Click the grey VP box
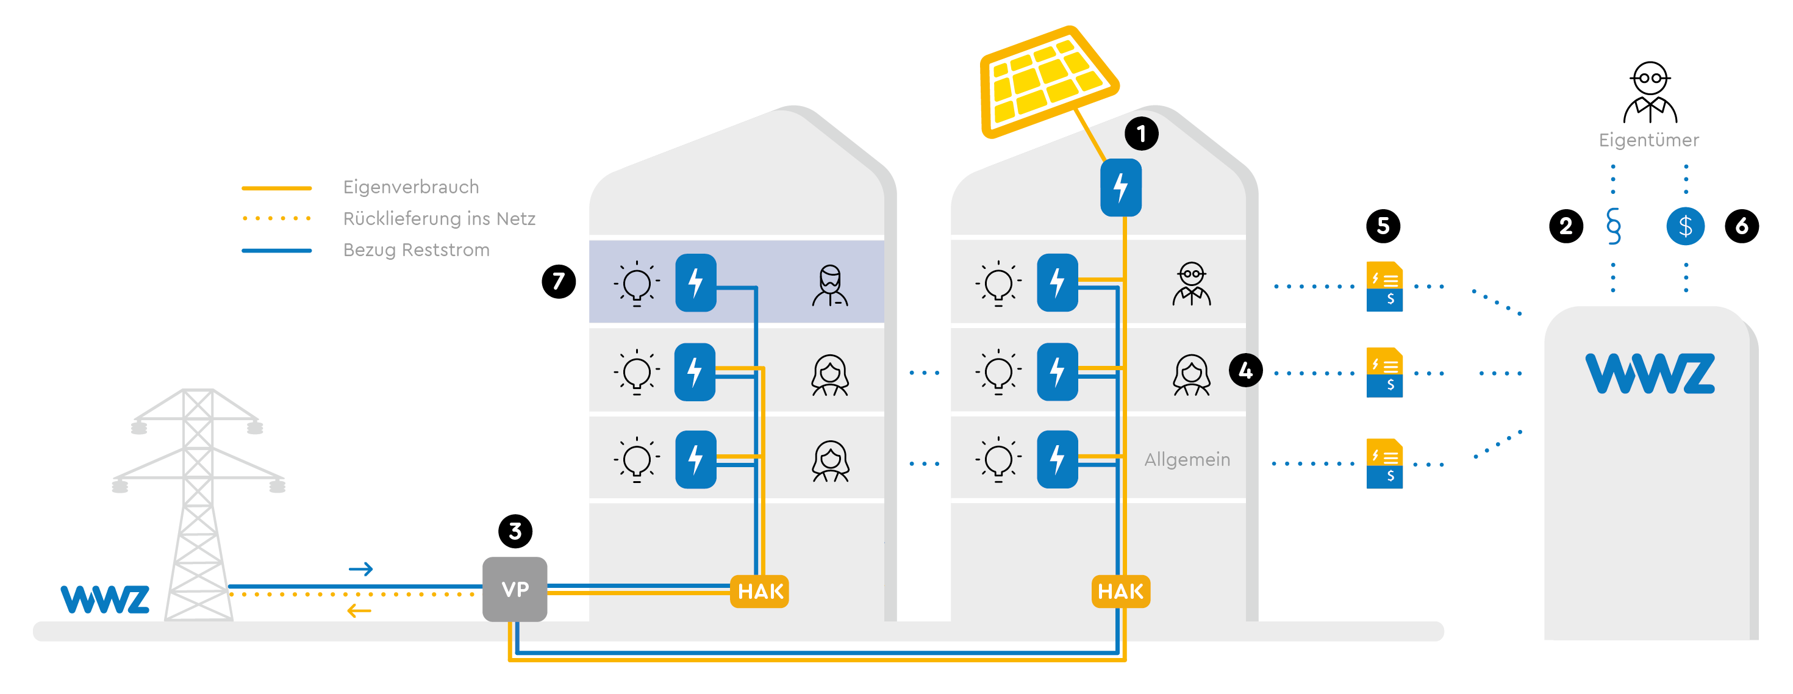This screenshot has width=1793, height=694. tap(515, 589)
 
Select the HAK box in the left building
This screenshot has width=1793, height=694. tap(759, 592)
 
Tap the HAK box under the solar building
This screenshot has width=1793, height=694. tap(1121, 592)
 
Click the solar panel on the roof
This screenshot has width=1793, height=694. tap(1047, 80)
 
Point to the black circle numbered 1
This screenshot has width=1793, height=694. tap(1141, 134)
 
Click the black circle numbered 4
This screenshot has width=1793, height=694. tap(1245, 370)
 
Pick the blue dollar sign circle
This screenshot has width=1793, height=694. tap(1685, 226)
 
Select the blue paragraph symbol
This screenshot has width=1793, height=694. tap(1614, 226)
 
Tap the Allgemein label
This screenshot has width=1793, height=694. tap(1187, 459)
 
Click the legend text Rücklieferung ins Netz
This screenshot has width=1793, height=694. tap(439, 218)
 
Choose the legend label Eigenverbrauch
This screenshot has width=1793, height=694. tap(410, 187)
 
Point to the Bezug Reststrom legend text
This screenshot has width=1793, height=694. tap(416, 250)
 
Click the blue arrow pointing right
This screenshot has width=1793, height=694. tap(361, 570)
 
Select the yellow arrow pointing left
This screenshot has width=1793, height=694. tap(359, 611)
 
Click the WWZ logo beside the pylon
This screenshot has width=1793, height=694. tap(105, 599)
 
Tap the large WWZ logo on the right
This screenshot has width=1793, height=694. tap(1650, 373)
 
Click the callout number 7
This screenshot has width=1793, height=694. tap(558, 281)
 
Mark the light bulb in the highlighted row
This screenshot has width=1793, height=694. tap(636, 284)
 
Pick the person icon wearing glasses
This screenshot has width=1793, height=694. tap(1192, 284)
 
